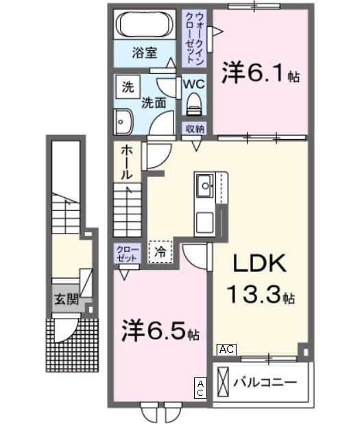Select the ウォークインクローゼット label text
(x=196, y=38)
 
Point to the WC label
(x=193, y=84)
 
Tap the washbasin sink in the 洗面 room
(x=123, y=122)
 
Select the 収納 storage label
(x=194, y=129)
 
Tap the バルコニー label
(x=265, y=382)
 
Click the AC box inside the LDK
(x=226, y=349)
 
